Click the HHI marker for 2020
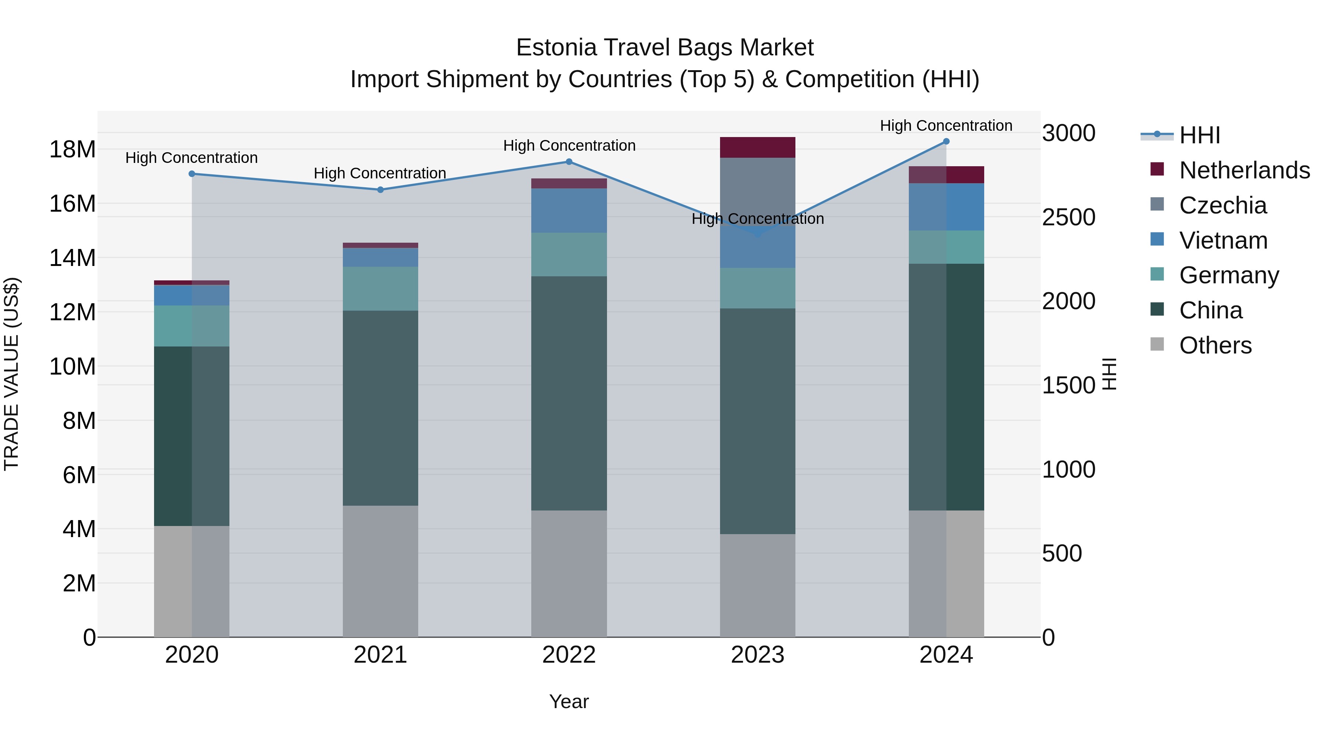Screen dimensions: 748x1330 coord(191,174)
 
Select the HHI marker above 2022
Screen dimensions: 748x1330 coord(569,161)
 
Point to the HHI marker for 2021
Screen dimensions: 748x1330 coord(381,190)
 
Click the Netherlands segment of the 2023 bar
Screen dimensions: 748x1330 coord(757,148)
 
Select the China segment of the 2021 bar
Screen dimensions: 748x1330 coord(381,408)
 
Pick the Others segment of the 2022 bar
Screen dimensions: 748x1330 coord(569,573)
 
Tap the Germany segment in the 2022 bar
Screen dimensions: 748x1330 coord(569,255)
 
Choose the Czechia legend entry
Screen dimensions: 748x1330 coord(1222,205)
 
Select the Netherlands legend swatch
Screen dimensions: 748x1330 coord(1157,169)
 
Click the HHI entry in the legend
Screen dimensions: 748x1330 coord(1199,135)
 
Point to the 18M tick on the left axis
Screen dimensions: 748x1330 coord(72,150)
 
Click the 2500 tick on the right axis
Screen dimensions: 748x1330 coord(1068,217)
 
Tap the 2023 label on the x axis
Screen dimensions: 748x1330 coord(757,655)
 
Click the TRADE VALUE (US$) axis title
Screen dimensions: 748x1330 coord(11,374)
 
